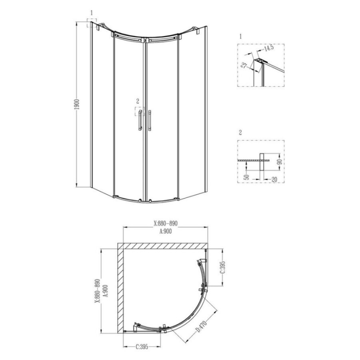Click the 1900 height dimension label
click(x=77, y=104)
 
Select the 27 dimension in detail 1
click(x=244, y=65)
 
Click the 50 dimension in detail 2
click(x=246, y=177)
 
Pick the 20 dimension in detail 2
click(x=274, y=179)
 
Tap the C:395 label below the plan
click(x=142, y=353)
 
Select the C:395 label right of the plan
click(x=222, y=268)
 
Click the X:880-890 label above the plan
click(x=166, y=223)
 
